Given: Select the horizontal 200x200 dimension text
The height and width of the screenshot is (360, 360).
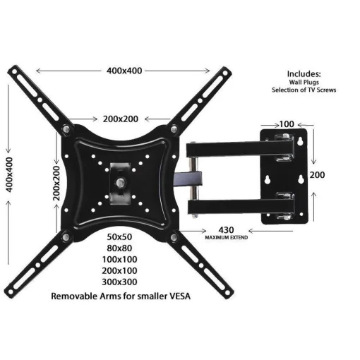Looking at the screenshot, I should click(121, 119).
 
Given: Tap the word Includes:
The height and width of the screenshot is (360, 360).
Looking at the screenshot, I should click(304, 73).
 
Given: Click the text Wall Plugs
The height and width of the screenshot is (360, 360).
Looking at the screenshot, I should click(304, 82).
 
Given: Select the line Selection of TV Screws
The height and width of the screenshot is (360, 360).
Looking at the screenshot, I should click(304, 90).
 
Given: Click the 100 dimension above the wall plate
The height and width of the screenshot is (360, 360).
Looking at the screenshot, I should click(287, 124).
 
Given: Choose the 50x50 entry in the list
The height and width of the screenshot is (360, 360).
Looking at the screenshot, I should click(121, 235).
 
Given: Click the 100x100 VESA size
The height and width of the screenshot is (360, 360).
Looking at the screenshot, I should click(121, 259).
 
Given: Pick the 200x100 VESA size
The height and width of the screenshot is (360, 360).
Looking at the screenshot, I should click(121, 271).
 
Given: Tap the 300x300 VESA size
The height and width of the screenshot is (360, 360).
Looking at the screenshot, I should click(121, 283).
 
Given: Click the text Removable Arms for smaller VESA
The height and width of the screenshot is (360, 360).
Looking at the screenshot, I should click(121, 296).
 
